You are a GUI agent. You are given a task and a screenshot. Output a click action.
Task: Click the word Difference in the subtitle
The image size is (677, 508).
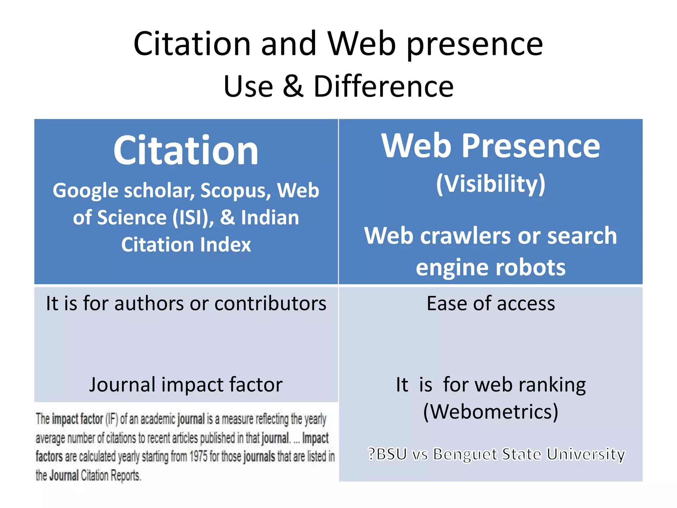383,87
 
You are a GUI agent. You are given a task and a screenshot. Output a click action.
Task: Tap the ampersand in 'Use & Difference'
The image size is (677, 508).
293,87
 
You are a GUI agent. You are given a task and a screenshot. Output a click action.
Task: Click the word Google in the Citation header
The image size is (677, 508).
85,191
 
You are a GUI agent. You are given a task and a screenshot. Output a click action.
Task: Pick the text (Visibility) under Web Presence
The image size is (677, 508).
491,184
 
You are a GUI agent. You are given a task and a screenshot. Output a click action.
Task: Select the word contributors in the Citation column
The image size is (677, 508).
270,304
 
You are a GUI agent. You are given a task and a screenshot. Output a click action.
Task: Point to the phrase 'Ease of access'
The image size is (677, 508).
491,304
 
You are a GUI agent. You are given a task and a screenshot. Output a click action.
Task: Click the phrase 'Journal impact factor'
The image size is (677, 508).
186,385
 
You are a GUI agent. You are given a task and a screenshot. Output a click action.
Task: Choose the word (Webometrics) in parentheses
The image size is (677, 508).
491,412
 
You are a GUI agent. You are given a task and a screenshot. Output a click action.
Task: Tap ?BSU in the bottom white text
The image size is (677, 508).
387,454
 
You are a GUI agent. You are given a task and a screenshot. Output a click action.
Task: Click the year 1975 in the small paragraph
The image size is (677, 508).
199,457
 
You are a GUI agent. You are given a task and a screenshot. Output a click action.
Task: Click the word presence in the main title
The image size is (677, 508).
475,44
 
